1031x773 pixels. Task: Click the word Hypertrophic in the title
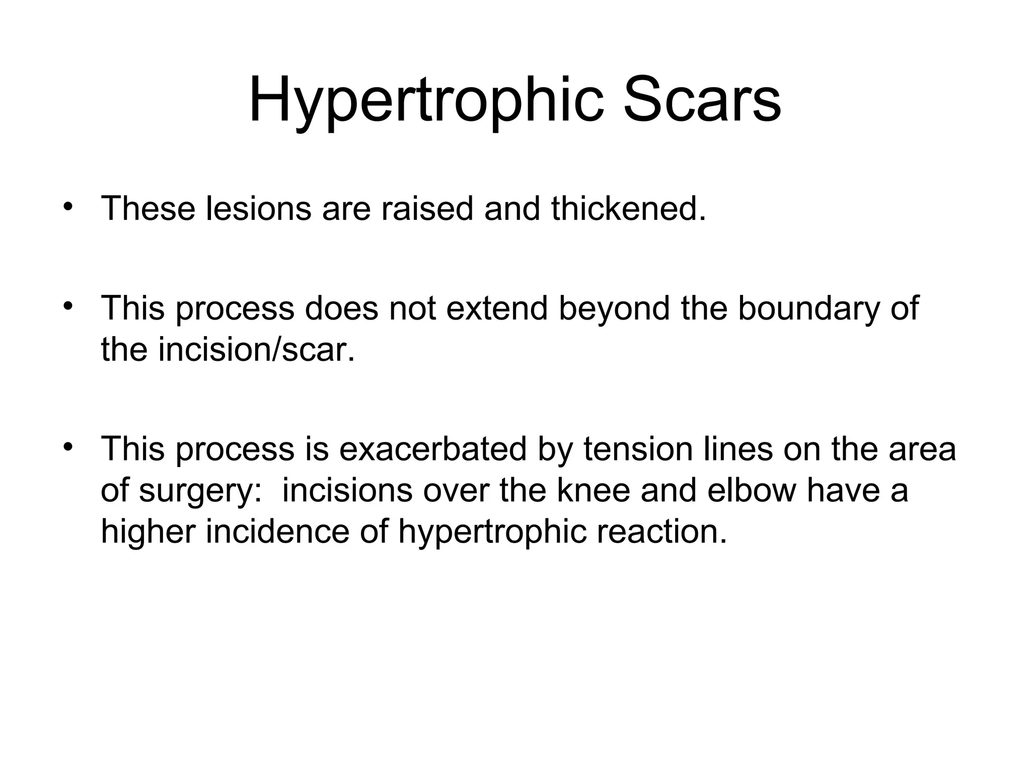[x=425, y=101]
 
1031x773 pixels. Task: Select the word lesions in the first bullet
[x=258, y=208]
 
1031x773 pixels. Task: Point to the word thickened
[x=628, y=208]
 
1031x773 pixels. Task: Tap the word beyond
[x=614, y=308]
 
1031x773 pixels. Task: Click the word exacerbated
[x=433, y=449]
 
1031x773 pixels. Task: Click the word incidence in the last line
[x=277, y=531]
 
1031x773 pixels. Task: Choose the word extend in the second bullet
[x=496, y=308]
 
